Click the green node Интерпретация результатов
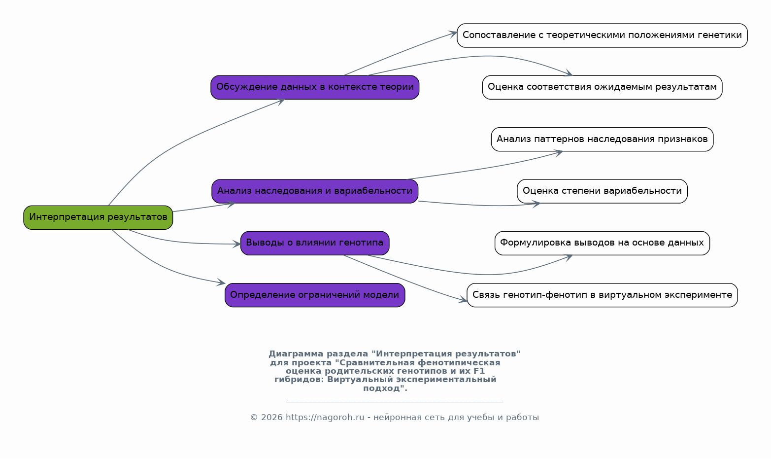(98, 217)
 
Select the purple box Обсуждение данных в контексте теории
(315, 87)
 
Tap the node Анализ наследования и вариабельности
(315, 191)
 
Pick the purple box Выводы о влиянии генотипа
(315, 243)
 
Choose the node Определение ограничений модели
(315, 295)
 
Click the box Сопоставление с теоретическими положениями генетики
(603, 35)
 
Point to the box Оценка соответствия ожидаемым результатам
(603, 87)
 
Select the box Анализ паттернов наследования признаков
(603, 140)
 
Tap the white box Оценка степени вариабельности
(603, 191)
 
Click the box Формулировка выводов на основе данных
(603, 243)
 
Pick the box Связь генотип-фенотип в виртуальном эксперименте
(603, 295)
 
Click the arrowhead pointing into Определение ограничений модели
(221, 282)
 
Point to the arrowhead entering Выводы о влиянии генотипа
(236, 244)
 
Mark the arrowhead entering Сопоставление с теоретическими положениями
(453, 34)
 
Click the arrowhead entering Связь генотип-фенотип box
(462, 300)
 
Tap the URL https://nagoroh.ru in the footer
(325, 417)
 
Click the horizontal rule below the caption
(395, 402)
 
